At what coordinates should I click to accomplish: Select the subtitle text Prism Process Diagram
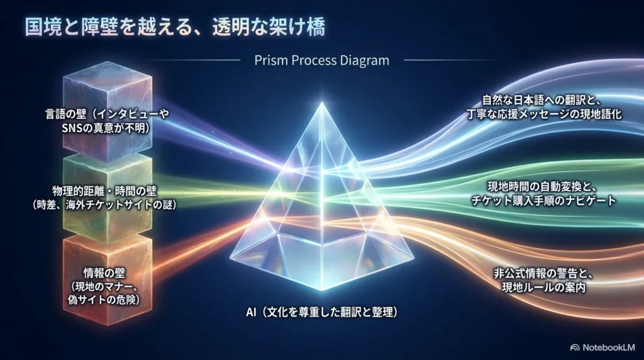click(x=321, y=60)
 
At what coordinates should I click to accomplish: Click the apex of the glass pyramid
click(x=322, y=103)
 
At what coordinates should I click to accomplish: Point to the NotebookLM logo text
click(x=609, y=347)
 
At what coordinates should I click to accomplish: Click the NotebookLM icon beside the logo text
click(x=575, y=347)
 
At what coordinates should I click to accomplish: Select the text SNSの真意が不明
click(x=104, y=128)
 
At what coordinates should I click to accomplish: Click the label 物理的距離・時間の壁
click(x=104, y=191)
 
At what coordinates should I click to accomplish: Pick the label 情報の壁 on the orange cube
click(x=104, y=273)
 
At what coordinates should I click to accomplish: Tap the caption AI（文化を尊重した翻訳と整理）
click(x=322, y=312)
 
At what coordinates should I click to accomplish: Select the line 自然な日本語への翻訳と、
click(x=542, y=100)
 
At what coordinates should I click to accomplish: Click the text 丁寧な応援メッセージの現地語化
click(x=544, y=114)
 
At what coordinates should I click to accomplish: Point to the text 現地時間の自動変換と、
click(x=542, y=187)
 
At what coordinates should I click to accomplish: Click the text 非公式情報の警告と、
click(x=543, y=273)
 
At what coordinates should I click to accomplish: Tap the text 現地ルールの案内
click(x=544, y=287)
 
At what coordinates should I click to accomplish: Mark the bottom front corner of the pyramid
click(x=321, y=290)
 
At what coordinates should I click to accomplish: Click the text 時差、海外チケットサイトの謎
click(x=104, y=205)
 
